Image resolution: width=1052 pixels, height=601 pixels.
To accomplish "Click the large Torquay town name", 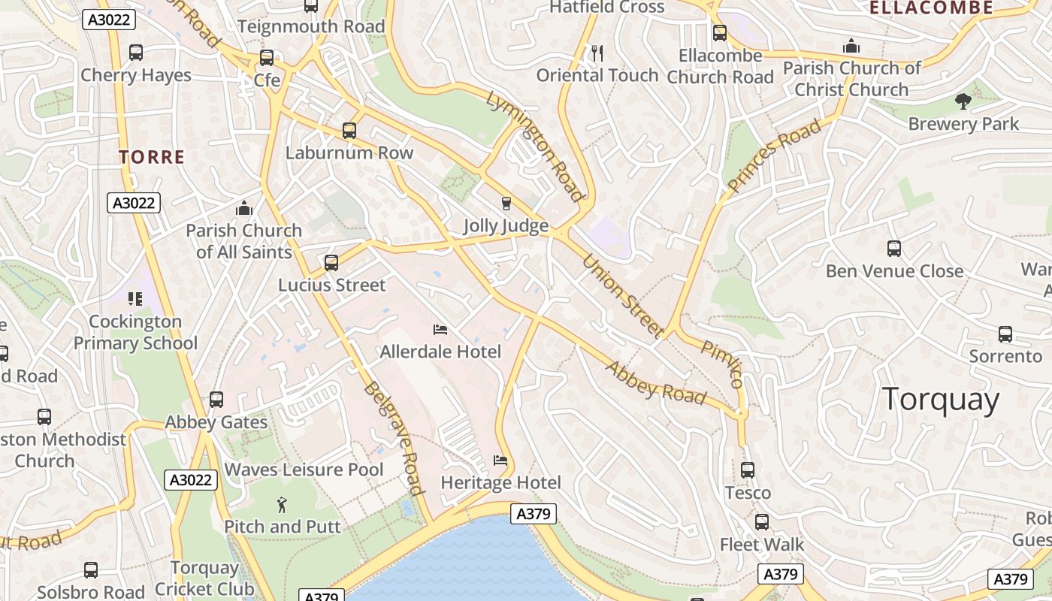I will click(940, 400).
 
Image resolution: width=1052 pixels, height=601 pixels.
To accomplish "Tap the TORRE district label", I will click(152, 157).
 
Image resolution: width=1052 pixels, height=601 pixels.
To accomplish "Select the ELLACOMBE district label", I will click(931, 8).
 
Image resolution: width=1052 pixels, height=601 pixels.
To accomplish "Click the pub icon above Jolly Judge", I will click(506, 203).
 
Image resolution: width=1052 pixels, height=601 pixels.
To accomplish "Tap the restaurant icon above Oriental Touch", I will click(597, 53).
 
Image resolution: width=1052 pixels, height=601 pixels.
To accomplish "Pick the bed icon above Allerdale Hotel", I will click(440, 329).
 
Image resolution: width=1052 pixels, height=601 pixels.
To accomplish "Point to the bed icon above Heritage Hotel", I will click(500, 460).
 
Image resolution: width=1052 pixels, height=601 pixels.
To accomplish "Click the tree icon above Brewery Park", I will click(963, 101).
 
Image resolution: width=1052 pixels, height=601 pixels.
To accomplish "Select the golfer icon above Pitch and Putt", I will click(282, 504).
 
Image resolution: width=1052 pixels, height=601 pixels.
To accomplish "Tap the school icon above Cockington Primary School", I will click(135, 299).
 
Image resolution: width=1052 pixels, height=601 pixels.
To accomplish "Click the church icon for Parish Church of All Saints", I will click(243, 208).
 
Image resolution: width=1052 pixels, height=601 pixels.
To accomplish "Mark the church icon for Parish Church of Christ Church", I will click(851, 46).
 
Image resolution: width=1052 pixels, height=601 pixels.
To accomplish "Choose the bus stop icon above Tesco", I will click(748, 470).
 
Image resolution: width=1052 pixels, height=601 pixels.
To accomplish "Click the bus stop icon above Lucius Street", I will click(331, 263).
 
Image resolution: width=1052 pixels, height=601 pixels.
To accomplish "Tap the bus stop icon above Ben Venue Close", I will click(894, 249).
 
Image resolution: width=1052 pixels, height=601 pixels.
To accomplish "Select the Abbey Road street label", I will click(656, 383).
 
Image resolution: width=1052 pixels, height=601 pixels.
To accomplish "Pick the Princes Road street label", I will click(775, 156).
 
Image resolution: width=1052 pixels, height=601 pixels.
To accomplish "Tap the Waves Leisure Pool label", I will click(304, 470).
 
